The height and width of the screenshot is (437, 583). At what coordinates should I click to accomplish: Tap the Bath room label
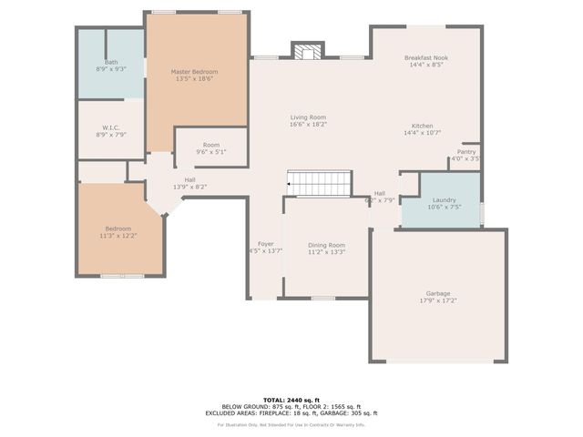(x=110, y=62)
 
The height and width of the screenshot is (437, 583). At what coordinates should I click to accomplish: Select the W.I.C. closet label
(x=110, y=127)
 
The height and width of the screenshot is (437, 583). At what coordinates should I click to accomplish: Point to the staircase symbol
(x=320, y=183)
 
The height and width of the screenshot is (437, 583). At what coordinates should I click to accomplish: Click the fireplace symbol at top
(x=307, y=52)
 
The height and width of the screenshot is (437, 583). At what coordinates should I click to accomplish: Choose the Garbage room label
(x=437, y=293)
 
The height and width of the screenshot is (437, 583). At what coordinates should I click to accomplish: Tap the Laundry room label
(x=444, y=199)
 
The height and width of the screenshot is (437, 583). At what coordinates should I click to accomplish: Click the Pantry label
(x=466, y=152)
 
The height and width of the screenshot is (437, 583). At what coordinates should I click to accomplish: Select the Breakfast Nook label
(x=426, y=57)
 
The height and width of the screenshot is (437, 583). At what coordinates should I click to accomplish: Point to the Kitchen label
(x=422, y=126)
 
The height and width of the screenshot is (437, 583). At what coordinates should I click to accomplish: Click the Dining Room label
(x=326, y=245)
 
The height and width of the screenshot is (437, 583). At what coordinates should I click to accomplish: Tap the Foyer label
(x=266, y=244)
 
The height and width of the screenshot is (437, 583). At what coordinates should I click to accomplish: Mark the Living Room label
(x=308, y=117)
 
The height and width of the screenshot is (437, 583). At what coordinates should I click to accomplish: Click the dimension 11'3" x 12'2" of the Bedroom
(x=118, y=235)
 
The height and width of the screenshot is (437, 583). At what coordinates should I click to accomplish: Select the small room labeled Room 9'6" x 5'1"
(x=211, y=148)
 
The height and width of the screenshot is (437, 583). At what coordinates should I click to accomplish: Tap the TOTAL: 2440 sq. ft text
(x=291, y=400)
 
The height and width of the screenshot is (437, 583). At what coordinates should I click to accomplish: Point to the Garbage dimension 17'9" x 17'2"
(x=437, y=300)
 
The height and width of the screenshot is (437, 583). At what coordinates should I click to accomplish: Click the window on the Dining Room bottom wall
(x=322, y=298)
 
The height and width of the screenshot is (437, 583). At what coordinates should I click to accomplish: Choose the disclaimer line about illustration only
(x=291, y=424)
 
